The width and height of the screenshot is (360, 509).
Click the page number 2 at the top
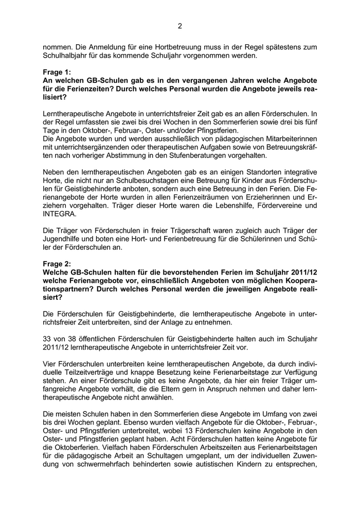pyautogui.click(x=179, y=26)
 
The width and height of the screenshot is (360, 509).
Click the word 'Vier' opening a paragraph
pyautogui.click(x=50, y=363)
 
